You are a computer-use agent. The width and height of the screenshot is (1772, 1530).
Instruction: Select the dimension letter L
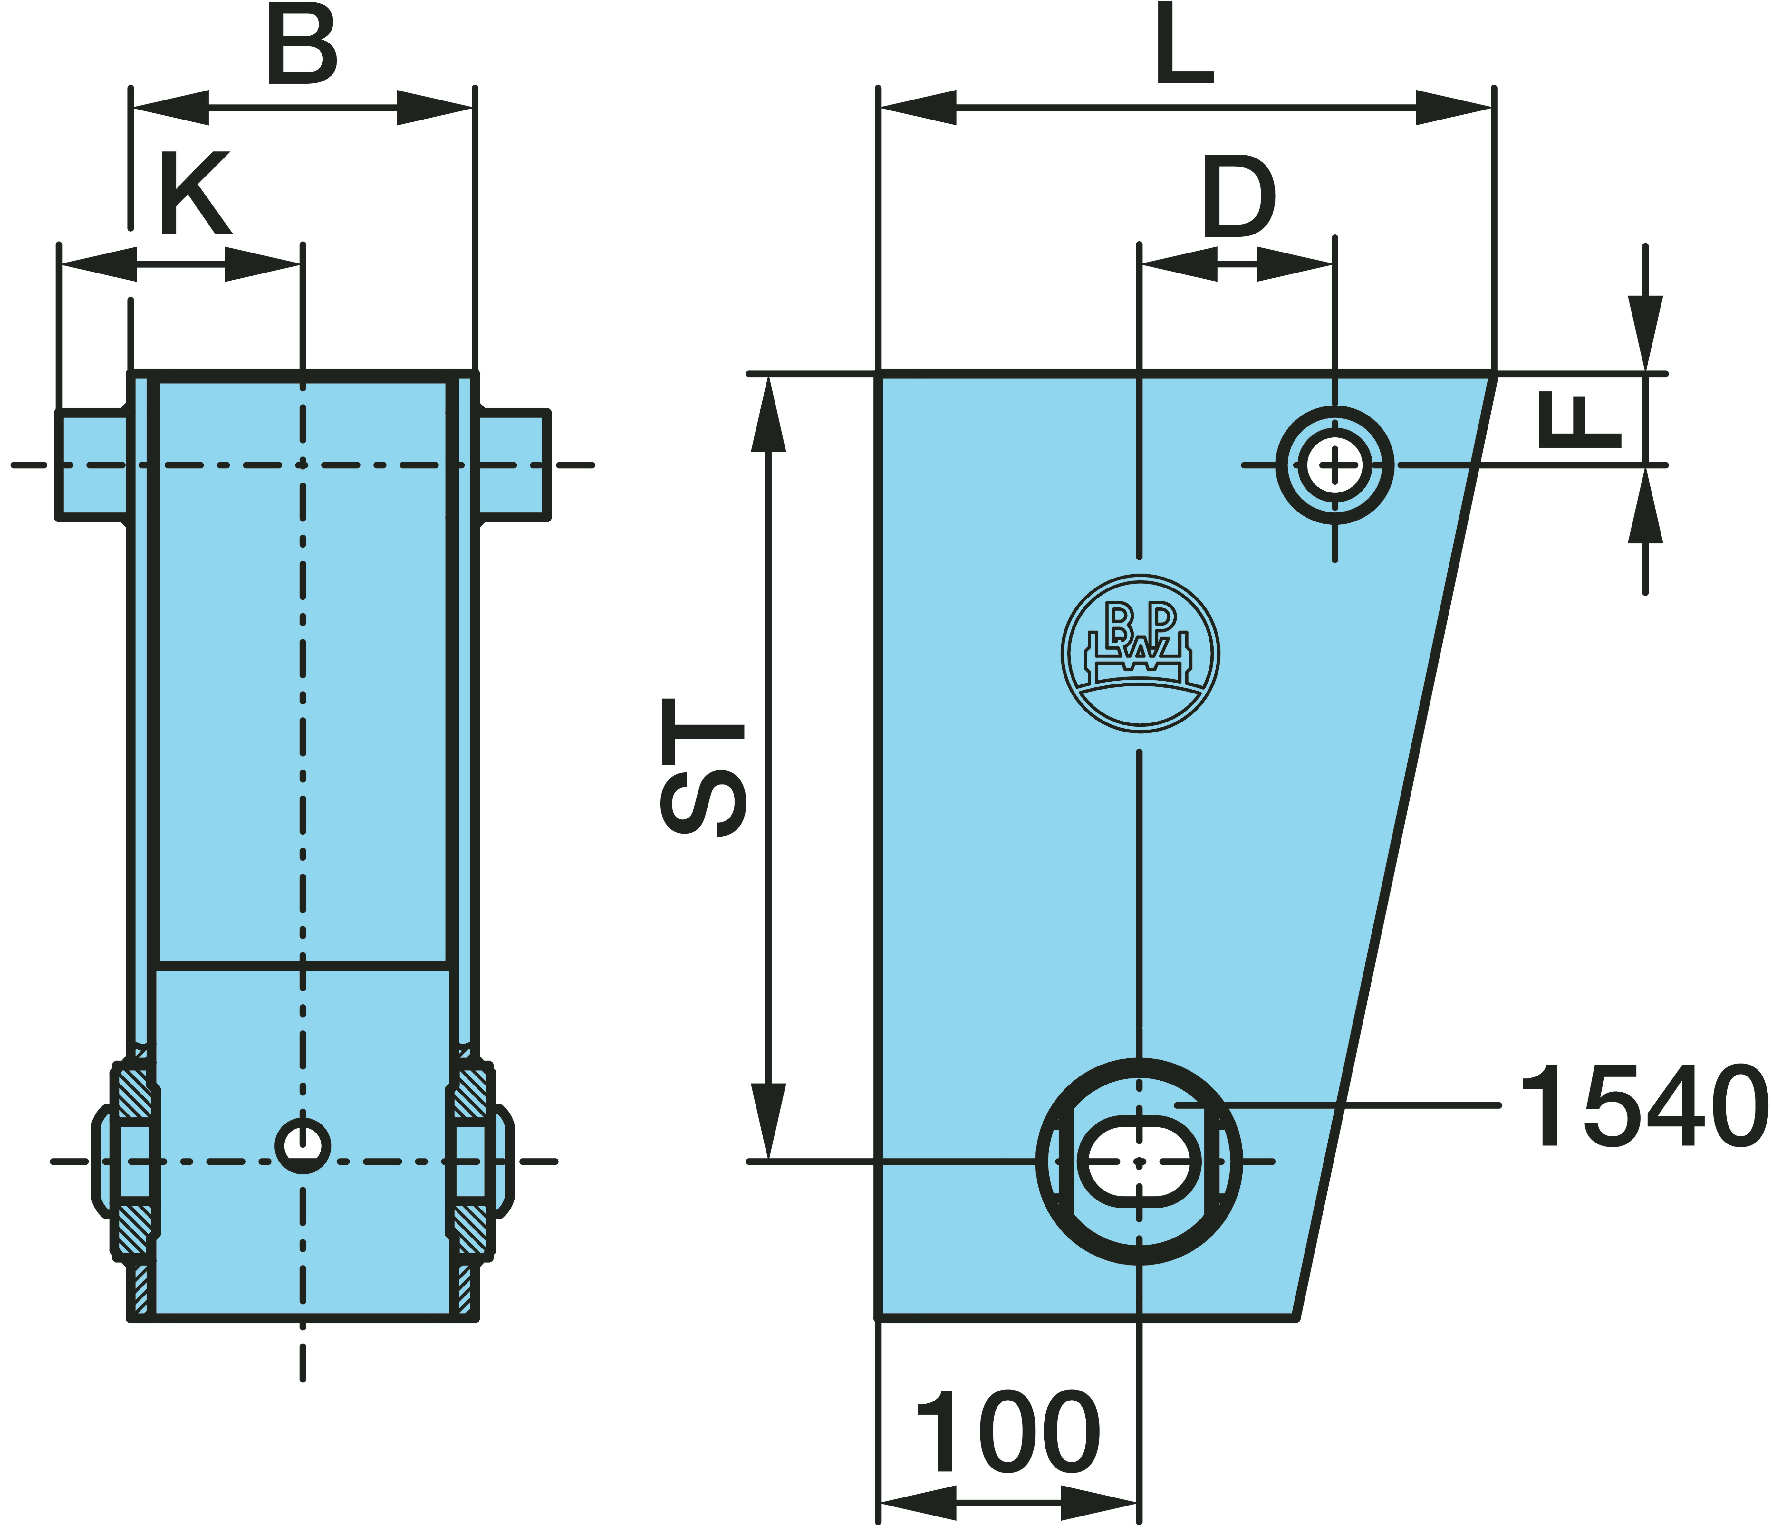pyautogui.click(x=1184, y=44)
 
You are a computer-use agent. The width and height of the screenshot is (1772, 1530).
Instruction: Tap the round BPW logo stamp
pyautogui.click(x=1140, y=654)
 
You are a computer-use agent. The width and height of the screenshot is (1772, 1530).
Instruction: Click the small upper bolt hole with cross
pyautogui.click(x=1334, y=465)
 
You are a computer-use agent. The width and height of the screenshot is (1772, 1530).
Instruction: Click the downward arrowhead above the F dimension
pyautogui.click(x=1645, y=333)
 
